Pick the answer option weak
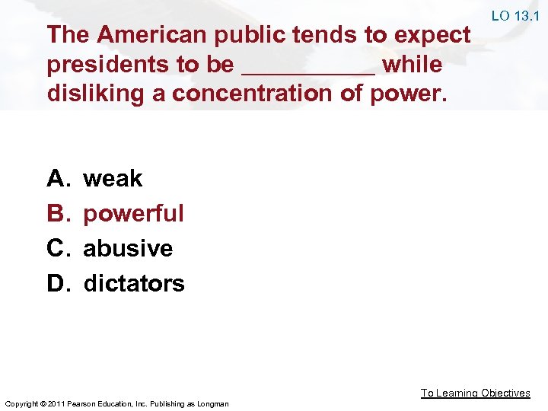113,178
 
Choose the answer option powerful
133,213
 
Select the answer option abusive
128,248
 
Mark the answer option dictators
134,283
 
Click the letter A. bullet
59,178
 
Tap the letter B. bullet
59,213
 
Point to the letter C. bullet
59,248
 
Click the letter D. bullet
59,283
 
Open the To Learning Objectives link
476,393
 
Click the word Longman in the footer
212,403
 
